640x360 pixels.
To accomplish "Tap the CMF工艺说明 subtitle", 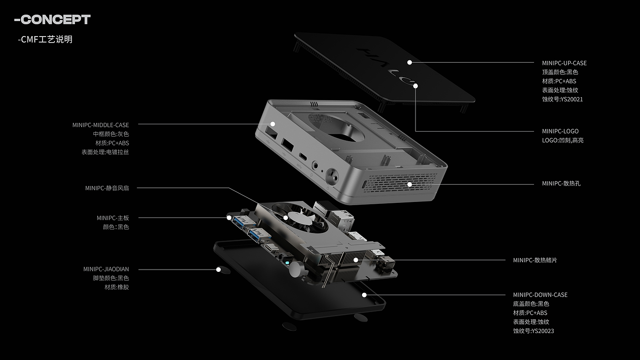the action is [45, 39].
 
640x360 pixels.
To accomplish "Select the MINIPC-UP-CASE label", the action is [564, 63].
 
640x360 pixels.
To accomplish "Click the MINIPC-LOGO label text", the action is [560, 131].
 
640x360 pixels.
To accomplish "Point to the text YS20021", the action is [572, 99].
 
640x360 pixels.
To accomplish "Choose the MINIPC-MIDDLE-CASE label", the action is [101, 125].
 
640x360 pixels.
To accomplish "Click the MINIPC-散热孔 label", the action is [561, 184].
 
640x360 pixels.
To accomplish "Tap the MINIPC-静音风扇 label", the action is [107, 188].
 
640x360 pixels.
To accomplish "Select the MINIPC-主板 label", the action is [113, 218].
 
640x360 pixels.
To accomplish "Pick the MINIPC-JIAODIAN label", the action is [106, 269].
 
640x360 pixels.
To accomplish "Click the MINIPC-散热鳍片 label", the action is [535, 260].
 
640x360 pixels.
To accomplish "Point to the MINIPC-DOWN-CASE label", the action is [540, 295].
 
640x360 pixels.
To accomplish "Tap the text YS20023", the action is [543, 331].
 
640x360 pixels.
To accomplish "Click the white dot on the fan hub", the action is [286, 218].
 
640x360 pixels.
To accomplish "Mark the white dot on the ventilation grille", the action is [410, 185].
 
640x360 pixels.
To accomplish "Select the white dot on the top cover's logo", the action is [416, 86].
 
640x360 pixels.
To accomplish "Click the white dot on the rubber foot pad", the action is [219, 270].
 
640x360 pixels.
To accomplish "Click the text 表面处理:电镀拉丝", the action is [105, 152].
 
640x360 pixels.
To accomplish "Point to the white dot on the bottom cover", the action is [364, 295].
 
